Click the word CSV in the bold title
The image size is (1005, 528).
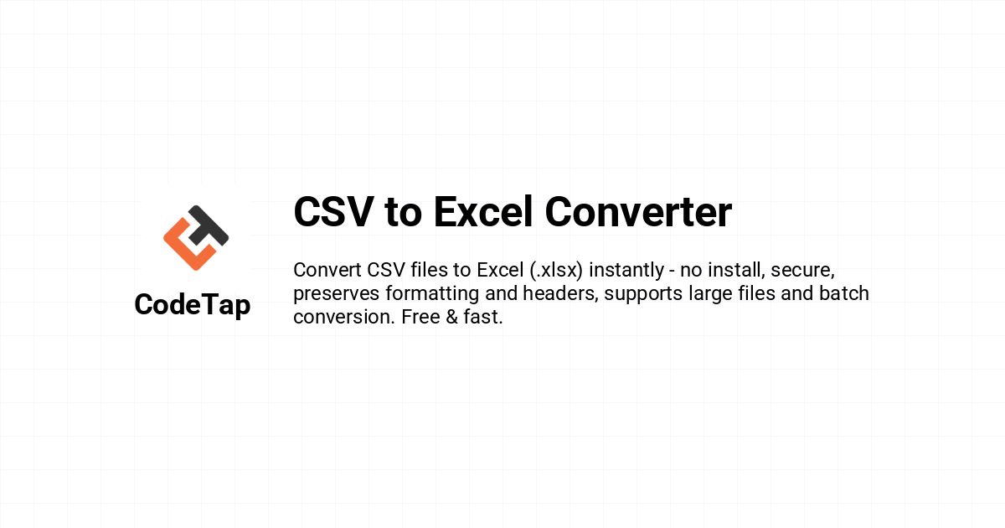333,211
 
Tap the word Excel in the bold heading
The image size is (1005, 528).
483,211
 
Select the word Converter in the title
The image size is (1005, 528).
638,211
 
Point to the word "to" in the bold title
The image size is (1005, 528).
404,214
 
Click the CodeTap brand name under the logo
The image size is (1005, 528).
193,305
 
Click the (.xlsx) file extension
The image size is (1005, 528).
556,270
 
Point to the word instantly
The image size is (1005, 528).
626,271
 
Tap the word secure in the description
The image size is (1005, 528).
802,271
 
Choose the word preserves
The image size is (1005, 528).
337,294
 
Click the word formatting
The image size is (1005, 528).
432,294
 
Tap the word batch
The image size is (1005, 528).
844,293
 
